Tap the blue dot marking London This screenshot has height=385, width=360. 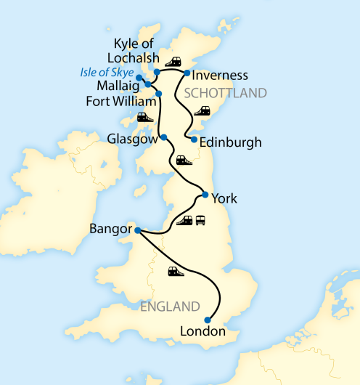point(208,320)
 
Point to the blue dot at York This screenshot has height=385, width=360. point(205,195)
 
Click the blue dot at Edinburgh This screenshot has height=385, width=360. point(194,139)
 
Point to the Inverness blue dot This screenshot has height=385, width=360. point(187,73)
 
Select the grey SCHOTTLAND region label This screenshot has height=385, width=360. point(226,93)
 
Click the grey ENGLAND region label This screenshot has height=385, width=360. point(171,306)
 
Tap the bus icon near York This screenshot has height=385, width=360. point(200,220)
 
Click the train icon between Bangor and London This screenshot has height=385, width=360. point(176,272)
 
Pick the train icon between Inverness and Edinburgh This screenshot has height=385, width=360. point(201,111)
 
